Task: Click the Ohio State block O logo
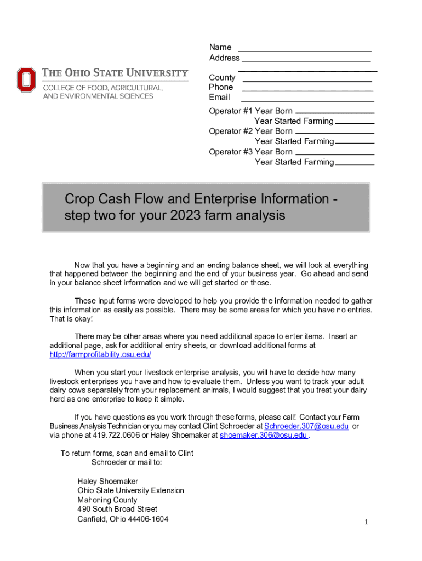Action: tap(26, 79)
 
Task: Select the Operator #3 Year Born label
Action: tap(250, 152)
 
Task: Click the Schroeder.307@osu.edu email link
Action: tap(306, 426)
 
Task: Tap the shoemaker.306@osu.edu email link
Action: tap(264, 436)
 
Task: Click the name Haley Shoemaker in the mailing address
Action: tap(107, 481)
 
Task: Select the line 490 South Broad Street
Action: tap(117, 509)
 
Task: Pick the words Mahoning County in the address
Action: tap(107, 500)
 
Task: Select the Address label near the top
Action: tap(224, 58)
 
